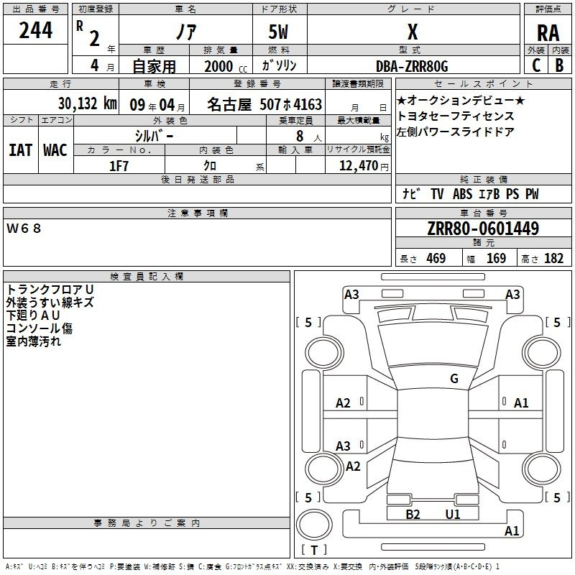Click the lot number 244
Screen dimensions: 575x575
35,30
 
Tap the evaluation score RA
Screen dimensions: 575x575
548,33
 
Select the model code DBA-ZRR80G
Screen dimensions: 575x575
412,66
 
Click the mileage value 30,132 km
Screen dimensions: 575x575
87,103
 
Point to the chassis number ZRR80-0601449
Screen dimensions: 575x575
483,228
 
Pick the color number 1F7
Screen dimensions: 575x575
119,166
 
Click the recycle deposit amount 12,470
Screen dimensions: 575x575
358,165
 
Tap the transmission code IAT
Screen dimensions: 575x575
21,150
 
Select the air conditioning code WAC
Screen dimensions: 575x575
55,150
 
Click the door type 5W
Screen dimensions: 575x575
279,32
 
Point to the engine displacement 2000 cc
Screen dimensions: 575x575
226,67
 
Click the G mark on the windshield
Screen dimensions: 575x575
454,379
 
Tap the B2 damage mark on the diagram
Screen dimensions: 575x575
413,514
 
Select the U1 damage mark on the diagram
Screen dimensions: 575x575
453,514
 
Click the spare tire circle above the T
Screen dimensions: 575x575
314,525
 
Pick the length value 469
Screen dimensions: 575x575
436,258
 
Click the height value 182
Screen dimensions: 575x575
553,258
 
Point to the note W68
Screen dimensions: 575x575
24,229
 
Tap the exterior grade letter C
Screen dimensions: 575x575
536,65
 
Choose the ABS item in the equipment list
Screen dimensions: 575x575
462,194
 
